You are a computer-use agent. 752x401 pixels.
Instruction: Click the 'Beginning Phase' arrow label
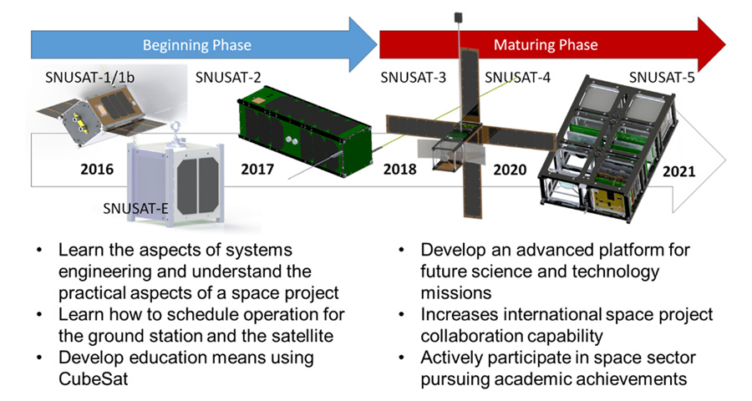coord(196,44)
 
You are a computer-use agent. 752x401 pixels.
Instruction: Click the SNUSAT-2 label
coord(228,79)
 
